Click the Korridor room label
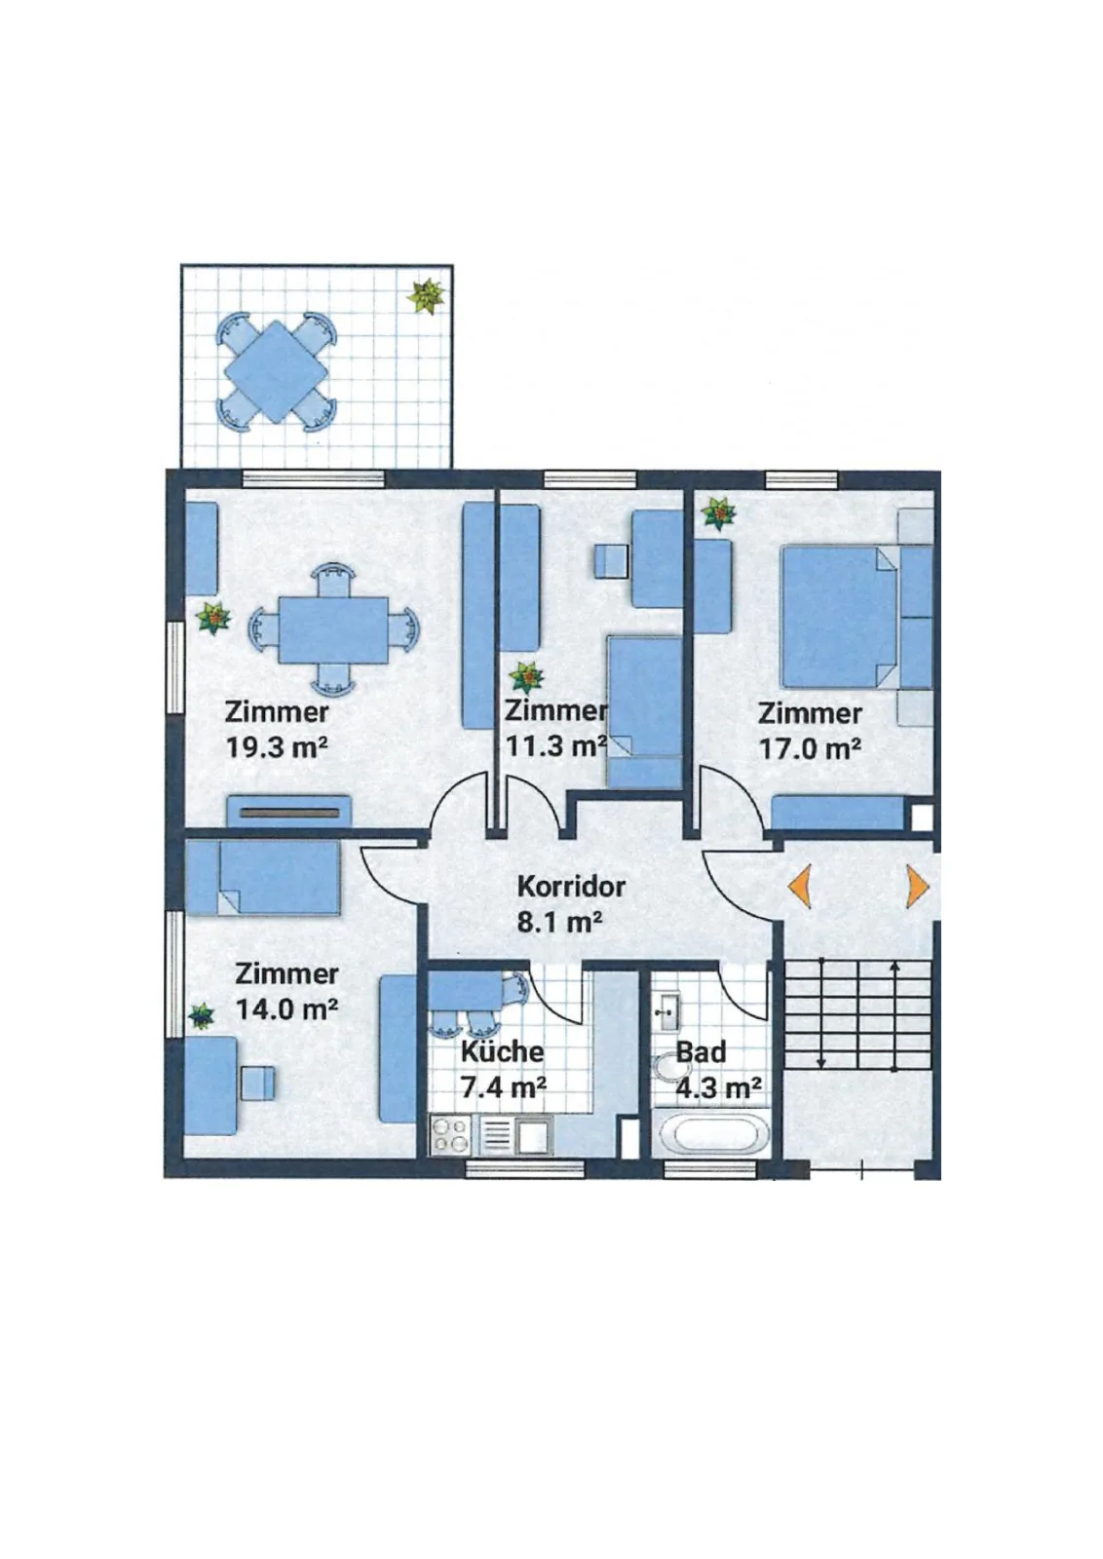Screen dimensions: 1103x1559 pyautogui.click(x=571, y=887)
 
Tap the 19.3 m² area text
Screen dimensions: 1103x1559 pyautogui.click(x=277, y=748)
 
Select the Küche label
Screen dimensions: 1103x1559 pyautogui.click(x=502, y=1051)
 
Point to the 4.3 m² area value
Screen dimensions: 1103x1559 pyautogui.click(x=718, y=1087)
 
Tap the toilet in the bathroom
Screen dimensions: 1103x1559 pyautogui.click(x=668, y=1066)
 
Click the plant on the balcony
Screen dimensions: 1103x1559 pyautogui.click(x=427, y=297)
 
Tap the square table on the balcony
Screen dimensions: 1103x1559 pyautogui.click(x=277, y=371)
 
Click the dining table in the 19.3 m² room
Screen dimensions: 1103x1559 pyautogui.click(x=333, y=629)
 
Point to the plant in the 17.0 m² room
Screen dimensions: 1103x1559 pyautogui.click(x=718, y=513)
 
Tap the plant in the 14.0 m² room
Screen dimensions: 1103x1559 pyautogui.click(x=202, y=1016)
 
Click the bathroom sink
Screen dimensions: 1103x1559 pyautogui.click(x=666, y=1012)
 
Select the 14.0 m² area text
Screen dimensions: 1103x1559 pyautogui.click(x=287, y=1009)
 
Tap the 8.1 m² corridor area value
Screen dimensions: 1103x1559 pyautogui.click(x=560, y=922)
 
